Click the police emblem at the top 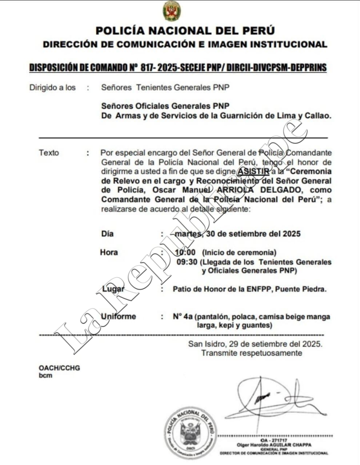(172, 11)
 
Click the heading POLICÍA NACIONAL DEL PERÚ (185, 31)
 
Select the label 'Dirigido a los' (52, 87)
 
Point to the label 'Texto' (49, 153)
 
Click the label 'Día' (107, 234)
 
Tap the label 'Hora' (109, 252)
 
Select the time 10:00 (185, 252)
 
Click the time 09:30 (185, 262)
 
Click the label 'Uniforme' (118, 317)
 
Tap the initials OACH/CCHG (59, 368)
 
